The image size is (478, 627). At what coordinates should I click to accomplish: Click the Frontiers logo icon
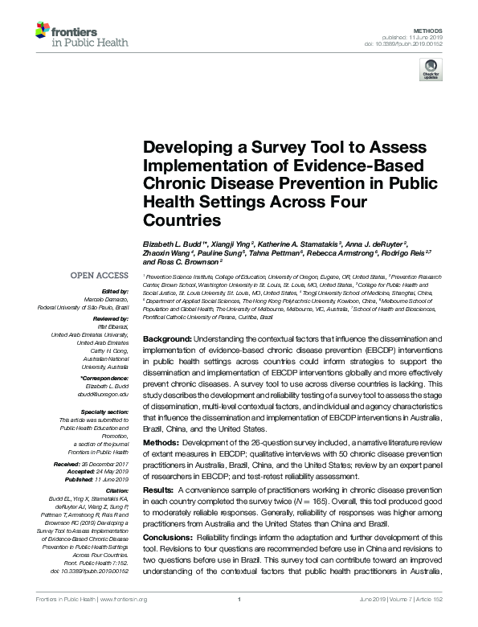[42, 31]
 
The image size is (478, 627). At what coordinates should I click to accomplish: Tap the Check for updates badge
[430, 70]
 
